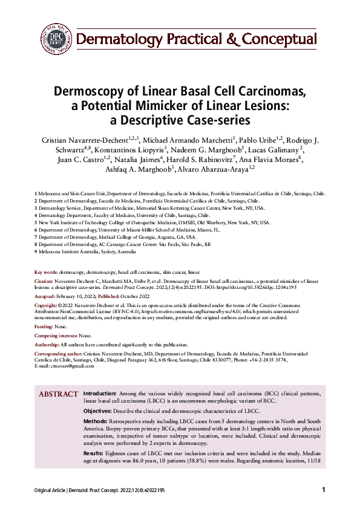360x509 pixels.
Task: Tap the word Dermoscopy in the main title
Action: [89, 92]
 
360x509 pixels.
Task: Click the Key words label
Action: [47, 273]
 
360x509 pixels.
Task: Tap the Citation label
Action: [45, 281]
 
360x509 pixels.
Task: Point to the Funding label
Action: [44, 326]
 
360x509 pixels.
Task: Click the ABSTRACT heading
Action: [58, 394]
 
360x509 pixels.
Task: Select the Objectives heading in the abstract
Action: [99, 410]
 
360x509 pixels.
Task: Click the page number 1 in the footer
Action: [324, 490]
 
